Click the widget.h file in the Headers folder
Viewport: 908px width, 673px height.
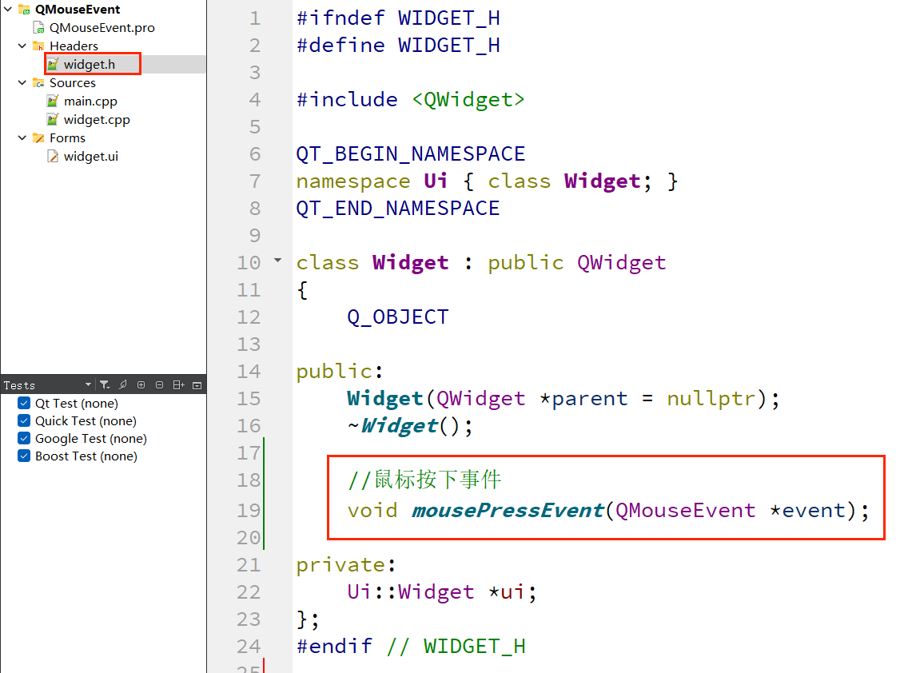90,65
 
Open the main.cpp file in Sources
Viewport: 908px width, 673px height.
90,102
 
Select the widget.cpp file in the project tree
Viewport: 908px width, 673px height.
97,120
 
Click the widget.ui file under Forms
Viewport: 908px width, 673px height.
90,157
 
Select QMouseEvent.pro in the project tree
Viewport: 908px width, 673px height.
102,28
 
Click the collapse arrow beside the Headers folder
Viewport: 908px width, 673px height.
22,46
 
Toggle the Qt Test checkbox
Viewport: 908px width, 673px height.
24,404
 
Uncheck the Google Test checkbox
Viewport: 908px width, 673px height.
24,439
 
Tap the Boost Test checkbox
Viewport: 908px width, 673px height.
24,456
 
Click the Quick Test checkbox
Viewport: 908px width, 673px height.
24,421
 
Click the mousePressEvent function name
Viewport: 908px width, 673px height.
508,510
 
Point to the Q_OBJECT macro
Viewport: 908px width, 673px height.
398,317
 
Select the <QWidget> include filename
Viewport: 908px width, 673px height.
468,100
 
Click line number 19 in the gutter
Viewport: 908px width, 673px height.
249,510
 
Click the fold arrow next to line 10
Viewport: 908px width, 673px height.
277,261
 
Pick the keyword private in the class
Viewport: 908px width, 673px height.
340,565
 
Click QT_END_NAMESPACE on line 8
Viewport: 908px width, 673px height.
398,209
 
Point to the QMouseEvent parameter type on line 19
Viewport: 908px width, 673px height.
686,510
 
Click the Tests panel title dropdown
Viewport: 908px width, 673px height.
88,385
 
